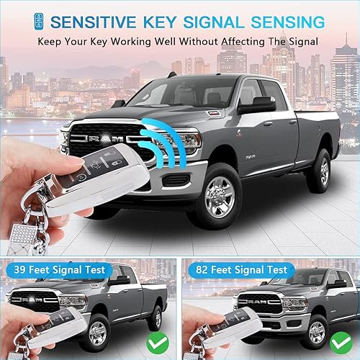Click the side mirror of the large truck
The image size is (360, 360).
257,106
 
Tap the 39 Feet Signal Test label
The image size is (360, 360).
57,270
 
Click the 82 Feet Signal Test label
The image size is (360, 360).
239,270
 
